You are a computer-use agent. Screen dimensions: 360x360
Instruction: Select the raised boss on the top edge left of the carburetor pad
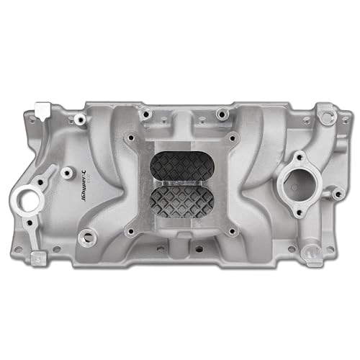point(145,113)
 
